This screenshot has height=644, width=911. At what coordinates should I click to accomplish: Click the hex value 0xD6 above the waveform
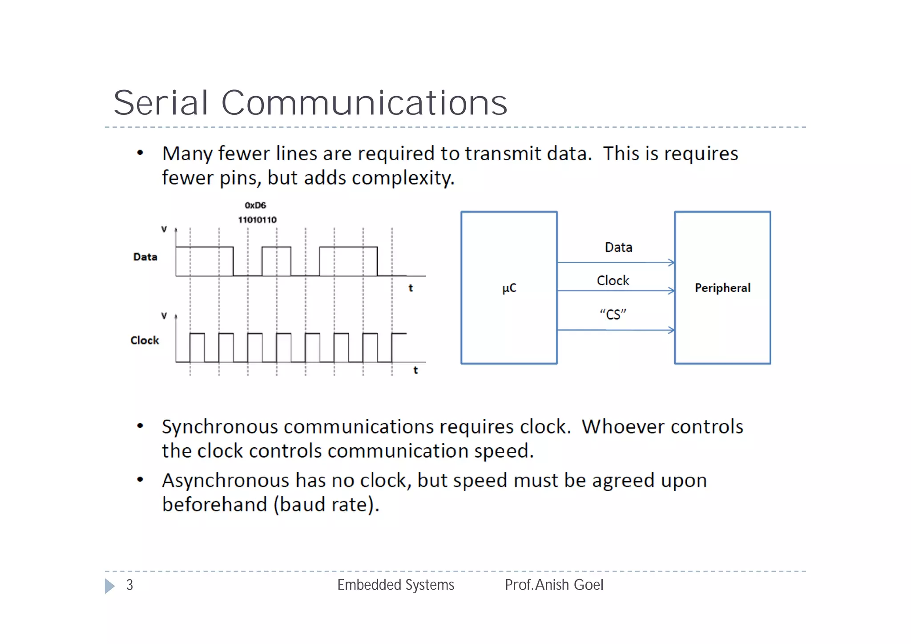click(x=255, y=205)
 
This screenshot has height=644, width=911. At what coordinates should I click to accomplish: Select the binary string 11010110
click(x=257, y=220)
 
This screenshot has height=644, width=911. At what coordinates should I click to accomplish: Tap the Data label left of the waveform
click(x=145, y=257)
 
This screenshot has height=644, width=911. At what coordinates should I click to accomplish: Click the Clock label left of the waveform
click(x=145, y=340)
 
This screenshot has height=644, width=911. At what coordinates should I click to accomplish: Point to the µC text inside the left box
click(x=509, y=288)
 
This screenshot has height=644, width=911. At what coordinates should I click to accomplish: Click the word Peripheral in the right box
click(x=722, y=288)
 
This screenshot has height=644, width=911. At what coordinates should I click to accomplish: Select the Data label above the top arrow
click(x=618, y=247)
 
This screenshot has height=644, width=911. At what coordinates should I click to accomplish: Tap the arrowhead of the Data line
click(x=672, y=263)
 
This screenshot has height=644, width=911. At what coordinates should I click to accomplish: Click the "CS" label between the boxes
click(x=613, y=315)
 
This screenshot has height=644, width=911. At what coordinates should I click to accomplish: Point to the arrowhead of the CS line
click(x=672, y=330)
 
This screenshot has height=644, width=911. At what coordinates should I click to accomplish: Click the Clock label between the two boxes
click(x=613, y=281)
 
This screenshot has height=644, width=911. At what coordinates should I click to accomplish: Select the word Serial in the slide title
click(x=161, y=103)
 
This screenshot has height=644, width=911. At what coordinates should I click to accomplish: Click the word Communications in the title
click(x=364, y=103)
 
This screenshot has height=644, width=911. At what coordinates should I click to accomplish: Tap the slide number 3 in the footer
click(x=129, y=585)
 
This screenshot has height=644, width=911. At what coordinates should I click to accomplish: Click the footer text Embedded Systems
click(x=395, y=585)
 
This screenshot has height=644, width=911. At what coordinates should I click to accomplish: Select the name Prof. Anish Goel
click(x=554, y=585)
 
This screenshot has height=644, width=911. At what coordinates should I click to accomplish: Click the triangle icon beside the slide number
click(x=109, y=586)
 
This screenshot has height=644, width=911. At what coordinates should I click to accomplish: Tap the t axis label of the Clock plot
click(x=415, y=370)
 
